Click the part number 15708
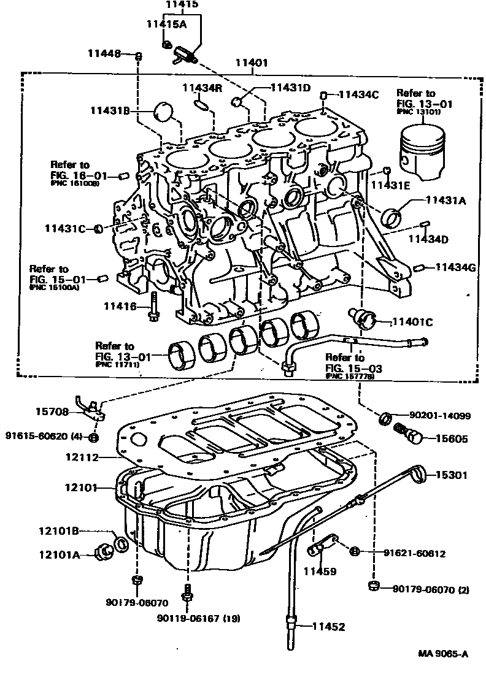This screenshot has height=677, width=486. (x=52, y=411)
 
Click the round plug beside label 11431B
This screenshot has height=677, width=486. (x=163, y=111)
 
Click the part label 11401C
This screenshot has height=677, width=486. (x=412, y=321)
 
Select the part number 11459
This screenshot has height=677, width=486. (x=320, y=572)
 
